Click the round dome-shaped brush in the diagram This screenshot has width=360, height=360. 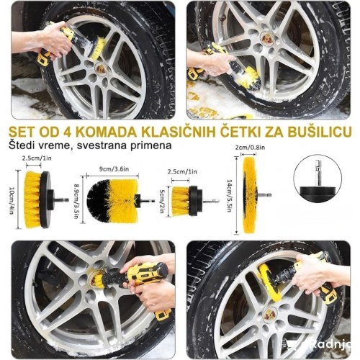[112, 197]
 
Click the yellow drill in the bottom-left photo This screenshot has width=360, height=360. [144, 282]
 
